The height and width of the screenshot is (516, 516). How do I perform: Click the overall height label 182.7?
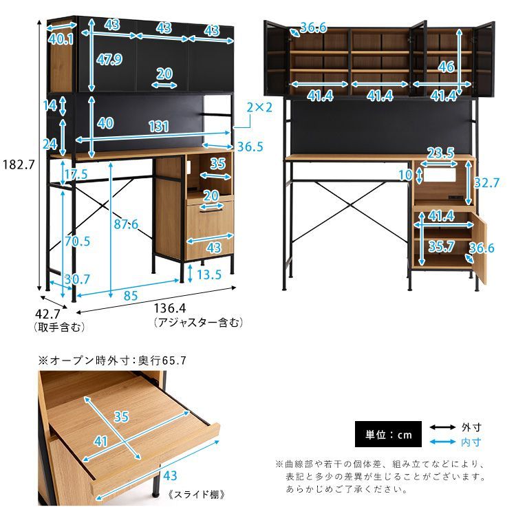pos(19,164)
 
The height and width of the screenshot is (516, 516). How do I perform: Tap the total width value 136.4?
pos(170,308)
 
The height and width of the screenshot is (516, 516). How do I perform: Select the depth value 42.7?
pos(47,314)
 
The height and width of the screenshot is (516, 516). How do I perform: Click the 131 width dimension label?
pos(159,127)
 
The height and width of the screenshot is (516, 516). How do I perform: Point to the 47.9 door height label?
pos(109,59)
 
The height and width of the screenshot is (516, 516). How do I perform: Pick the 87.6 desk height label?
pos(126,224)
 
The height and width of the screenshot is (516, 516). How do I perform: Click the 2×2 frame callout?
pos(259,107)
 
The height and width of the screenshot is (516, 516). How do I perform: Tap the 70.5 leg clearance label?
pos(77,241)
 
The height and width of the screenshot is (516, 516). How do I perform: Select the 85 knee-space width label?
pos(131,296)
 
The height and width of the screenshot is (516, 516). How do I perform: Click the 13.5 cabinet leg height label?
pos(209,275)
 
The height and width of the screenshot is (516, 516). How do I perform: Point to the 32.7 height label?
pos(486,182)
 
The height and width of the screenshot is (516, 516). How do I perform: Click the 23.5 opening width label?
pos(440,153)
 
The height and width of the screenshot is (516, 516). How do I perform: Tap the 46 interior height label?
pos(447,67)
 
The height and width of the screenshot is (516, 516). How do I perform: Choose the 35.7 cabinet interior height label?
pos(441,246)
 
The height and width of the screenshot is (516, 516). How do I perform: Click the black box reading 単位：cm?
pos(388,434)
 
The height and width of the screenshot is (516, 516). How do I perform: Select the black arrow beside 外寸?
pos(442,427)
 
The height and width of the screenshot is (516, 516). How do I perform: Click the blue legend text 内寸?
pos(471,442)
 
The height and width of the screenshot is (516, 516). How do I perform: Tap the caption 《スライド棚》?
pos(197,494)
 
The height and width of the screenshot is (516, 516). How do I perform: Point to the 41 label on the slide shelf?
pos(100,441)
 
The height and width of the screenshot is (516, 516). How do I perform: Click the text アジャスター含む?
pos(198,323)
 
